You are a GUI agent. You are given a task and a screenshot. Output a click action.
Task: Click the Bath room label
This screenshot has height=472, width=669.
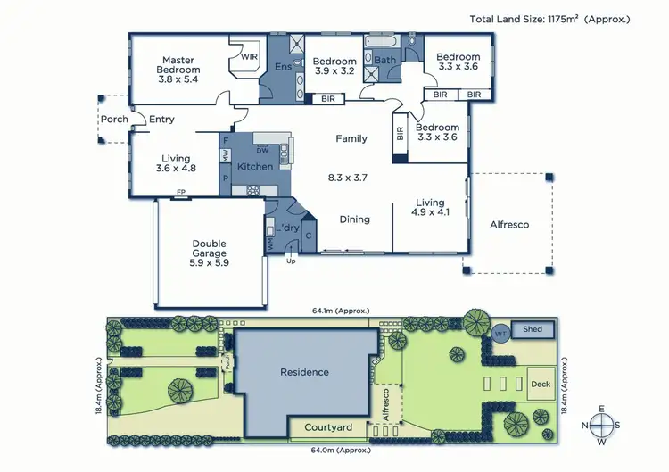pyautogui.click(x=384, y=61)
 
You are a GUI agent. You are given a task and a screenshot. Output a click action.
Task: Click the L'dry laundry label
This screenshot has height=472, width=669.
pyautogui.click(x=285, y=228)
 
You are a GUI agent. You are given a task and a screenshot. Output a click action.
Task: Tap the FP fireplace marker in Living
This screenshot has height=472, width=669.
pyautogui.click(x=180, y=192)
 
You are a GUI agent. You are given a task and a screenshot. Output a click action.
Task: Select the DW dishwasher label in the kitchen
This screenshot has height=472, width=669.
pyautogui.click(x=261, y=149)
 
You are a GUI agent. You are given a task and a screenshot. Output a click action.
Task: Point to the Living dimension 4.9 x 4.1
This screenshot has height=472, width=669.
pyautogui.click(x=431, y=212)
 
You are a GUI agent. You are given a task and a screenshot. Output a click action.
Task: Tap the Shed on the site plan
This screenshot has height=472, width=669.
pyautogui.click(x=533, y=329)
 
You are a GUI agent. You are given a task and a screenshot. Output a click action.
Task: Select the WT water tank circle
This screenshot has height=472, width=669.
pyautogui.click(x=500, y=333)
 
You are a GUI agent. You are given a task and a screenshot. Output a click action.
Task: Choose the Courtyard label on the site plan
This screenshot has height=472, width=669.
pyautogui.click(x=328, y=427)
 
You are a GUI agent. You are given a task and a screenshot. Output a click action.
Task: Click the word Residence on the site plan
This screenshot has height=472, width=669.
pyautogui.click(x=304, y=372)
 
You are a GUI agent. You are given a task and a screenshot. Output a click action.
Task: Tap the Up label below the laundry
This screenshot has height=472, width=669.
pyautogui.click(x=290, y=261)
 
